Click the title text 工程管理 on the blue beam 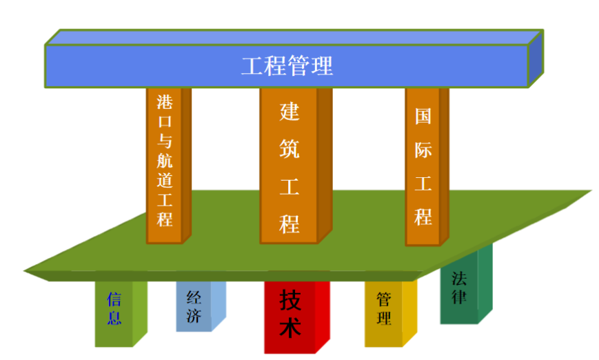pyautogui.click(x=287, y=66)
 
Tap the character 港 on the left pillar pyautogui.click(x=165, y=102)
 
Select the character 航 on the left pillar pyautogui.click(x=165, y=160)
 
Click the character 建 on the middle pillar pyautogui.click(x=290, y=112)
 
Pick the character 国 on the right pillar pyautogui.click(x=423, y=116)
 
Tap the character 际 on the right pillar pyautogui.click(x=423, y=150)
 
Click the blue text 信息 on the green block pyautogui.click(x=114, y=308)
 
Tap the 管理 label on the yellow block pyautogui.click(x=384, y=309)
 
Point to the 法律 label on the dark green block pyautogui.click(x=459, y=288)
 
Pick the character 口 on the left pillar pyautogui.click(x=165, y=122)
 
